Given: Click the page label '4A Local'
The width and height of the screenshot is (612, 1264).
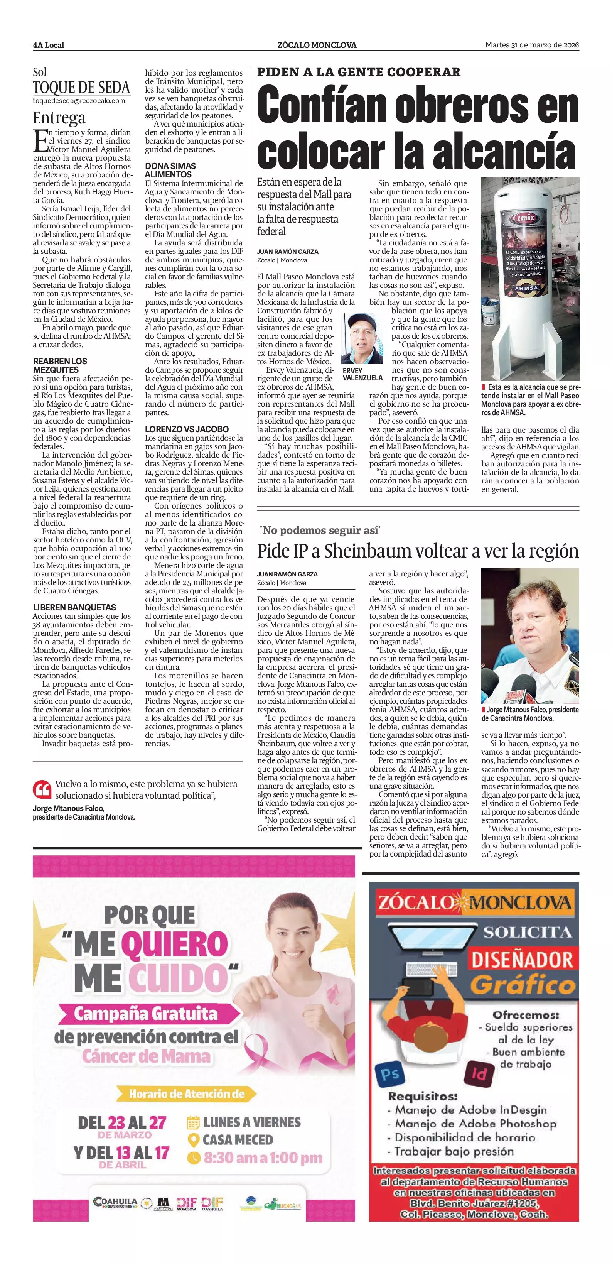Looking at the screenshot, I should pyautogui.click(x=49, y=45).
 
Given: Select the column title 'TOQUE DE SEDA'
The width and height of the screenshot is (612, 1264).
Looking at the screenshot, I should pyautogui.click(x=81, y=88).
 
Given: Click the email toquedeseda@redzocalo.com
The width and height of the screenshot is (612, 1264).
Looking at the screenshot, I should pyautogui.click(x=78, y=101).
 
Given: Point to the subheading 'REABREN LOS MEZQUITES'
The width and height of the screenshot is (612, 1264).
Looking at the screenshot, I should pyautogui.click(x=60, y=365).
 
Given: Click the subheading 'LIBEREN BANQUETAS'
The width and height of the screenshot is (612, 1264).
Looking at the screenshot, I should pyautogui.click(x=74, y=607).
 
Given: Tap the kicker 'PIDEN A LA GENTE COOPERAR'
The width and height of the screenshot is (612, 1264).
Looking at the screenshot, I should pyautogui.click(x=359, y=72).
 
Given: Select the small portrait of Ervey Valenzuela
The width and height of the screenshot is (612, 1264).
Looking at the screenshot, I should pyautogui.click(x=362, y=339).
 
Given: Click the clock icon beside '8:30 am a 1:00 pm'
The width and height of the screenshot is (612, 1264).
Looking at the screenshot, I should pyautogui.click(x=194, y=1158).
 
